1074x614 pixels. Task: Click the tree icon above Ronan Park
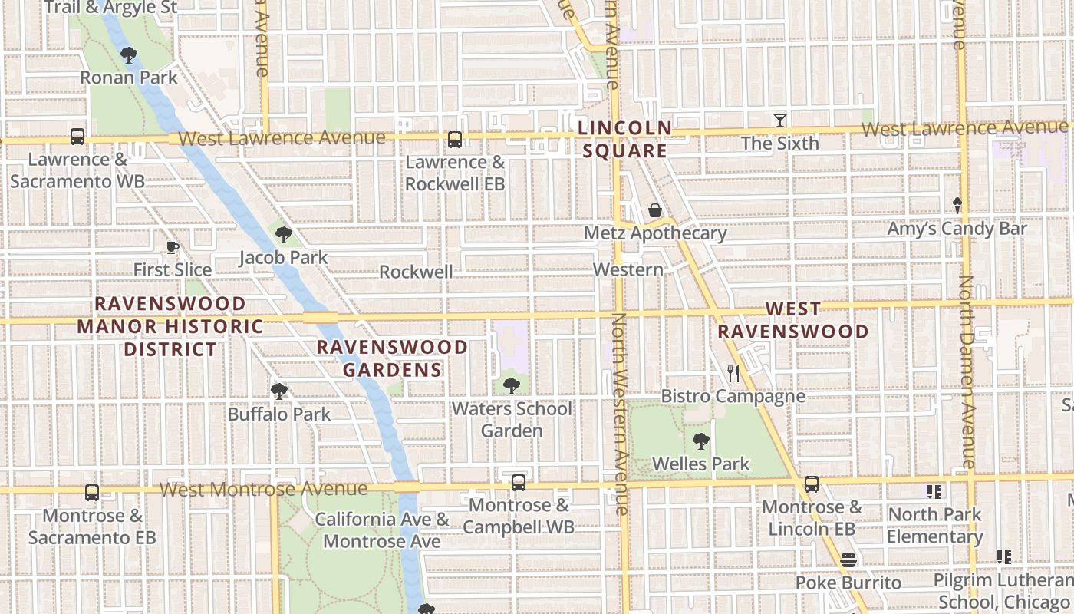pyautogui.click(x=129, y=54)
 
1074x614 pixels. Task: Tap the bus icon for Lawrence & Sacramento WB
pyautogui.click(x=77, y=137)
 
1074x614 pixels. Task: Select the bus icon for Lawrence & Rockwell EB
pyautogui.click(x=455, y=140)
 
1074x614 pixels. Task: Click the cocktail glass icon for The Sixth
pyautogui.click(x=780, y=120)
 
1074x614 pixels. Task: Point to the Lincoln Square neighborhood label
pyautogui.click(x=624, y=139)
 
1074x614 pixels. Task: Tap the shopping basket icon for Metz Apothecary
pyautogui.click(x=655, y=210)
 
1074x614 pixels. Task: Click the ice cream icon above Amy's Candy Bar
pyautogui.click(x=957, y=206)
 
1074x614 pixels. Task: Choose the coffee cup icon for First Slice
pyautogui.click(x=173, y=247)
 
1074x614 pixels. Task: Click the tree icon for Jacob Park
pyautogui.click(x=284, y=235)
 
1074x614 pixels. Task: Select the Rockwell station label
pyautogui.click(x=416, y=272)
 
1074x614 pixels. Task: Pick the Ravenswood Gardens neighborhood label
pyautogui.click(x=392, y=358)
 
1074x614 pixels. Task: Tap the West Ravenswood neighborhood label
pyautogui.click(x=793, y=320)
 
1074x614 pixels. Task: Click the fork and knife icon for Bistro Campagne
pyautogui.click(x=733, y=374)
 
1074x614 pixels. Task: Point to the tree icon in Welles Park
pyautogui.click(x=700, y=441)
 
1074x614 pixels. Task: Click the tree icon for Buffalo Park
pyautogui.click(x=279, y=391)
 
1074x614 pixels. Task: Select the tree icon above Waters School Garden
pyautogui.click(x=512, y=385)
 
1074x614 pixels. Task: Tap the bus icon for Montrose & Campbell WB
pyautogui.click(x=519, y=483)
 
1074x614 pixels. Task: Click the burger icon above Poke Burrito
pyautogui.click(x=848, y=560)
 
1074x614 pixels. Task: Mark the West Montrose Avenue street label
pyautogui.click(x=264, y=489)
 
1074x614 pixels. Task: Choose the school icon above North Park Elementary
pyautogui.click(x=934, y=491)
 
